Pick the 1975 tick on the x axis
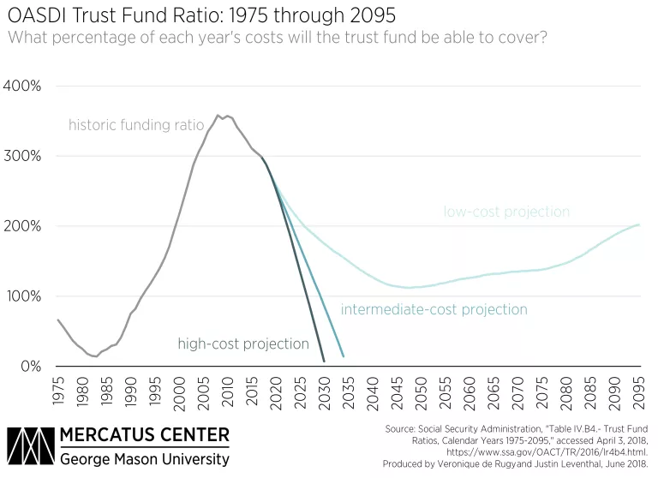pyautogui.click(x=58, y=391)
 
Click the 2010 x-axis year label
pyautogui.click(x=228, y=391)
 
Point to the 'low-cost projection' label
pyautogui.click(x=506, y=212)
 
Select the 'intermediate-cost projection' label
pyautogui.click(x=434, y=309)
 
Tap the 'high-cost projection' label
pyautogui.click(x=242, y=344)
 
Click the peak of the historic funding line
pyautogui.click(x=218, y=116)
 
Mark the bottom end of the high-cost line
pyautogui.click(x=325, y=361)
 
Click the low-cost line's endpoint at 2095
pyautogui.click(x=639, y=225)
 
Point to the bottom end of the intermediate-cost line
pyautogui.click(x=344, y=356)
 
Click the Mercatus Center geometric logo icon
pyautogui.click(x=28, y=445)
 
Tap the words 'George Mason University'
pyautogui.click(x=144, y=459)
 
